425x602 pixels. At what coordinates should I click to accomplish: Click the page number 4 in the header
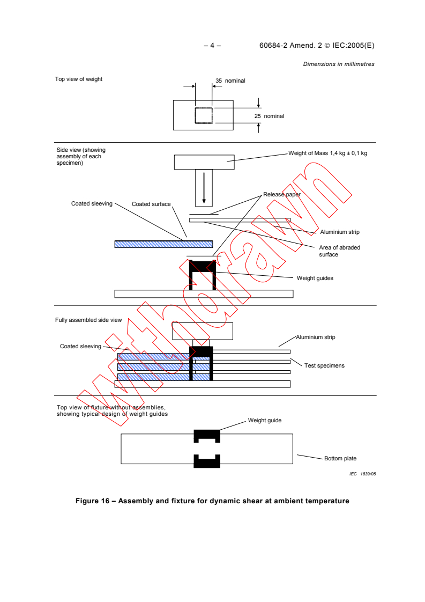tap(212, 46)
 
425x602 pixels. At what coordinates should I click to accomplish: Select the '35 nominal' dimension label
tap(230, 80)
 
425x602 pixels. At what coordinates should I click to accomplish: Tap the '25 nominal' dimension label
tap(269, 116)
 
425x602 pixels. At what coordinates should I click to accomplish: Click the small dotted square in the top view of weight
tap(204, 115)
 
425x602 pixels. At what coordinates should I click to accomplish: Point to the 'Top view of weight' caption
tap(79, 79)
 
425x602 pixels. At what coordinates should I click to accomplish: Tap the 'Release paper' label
tap(281, 194)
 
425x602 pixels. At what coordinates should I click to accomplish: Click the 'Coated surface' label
tap(151, 204)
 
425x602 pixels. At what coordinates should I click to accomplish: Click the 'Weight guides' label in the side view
tap(315, 278)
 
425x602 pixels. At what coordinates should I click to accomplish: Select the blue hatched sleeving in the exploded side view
tap(163, 244)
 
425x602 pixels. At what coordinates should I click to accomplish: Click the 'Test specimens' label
tap(324, 365)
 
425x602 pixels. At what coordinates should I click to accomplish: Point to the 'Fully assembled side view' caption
tap(88, 320)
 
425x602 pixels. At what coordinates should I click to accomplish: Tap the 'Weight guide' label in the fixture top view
tap(264, 420)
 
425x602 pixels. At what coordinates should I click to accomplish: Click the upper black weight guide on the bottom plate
tap(206, 436)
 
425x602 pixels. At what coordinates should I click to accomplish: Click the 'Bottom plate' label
tap(340, 458)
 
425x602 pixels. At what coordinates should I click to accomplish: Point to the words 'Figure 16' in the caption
tap(94, 501)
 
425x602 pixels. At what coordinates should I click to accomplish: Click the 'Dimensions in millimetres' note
tap(339, 64)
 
